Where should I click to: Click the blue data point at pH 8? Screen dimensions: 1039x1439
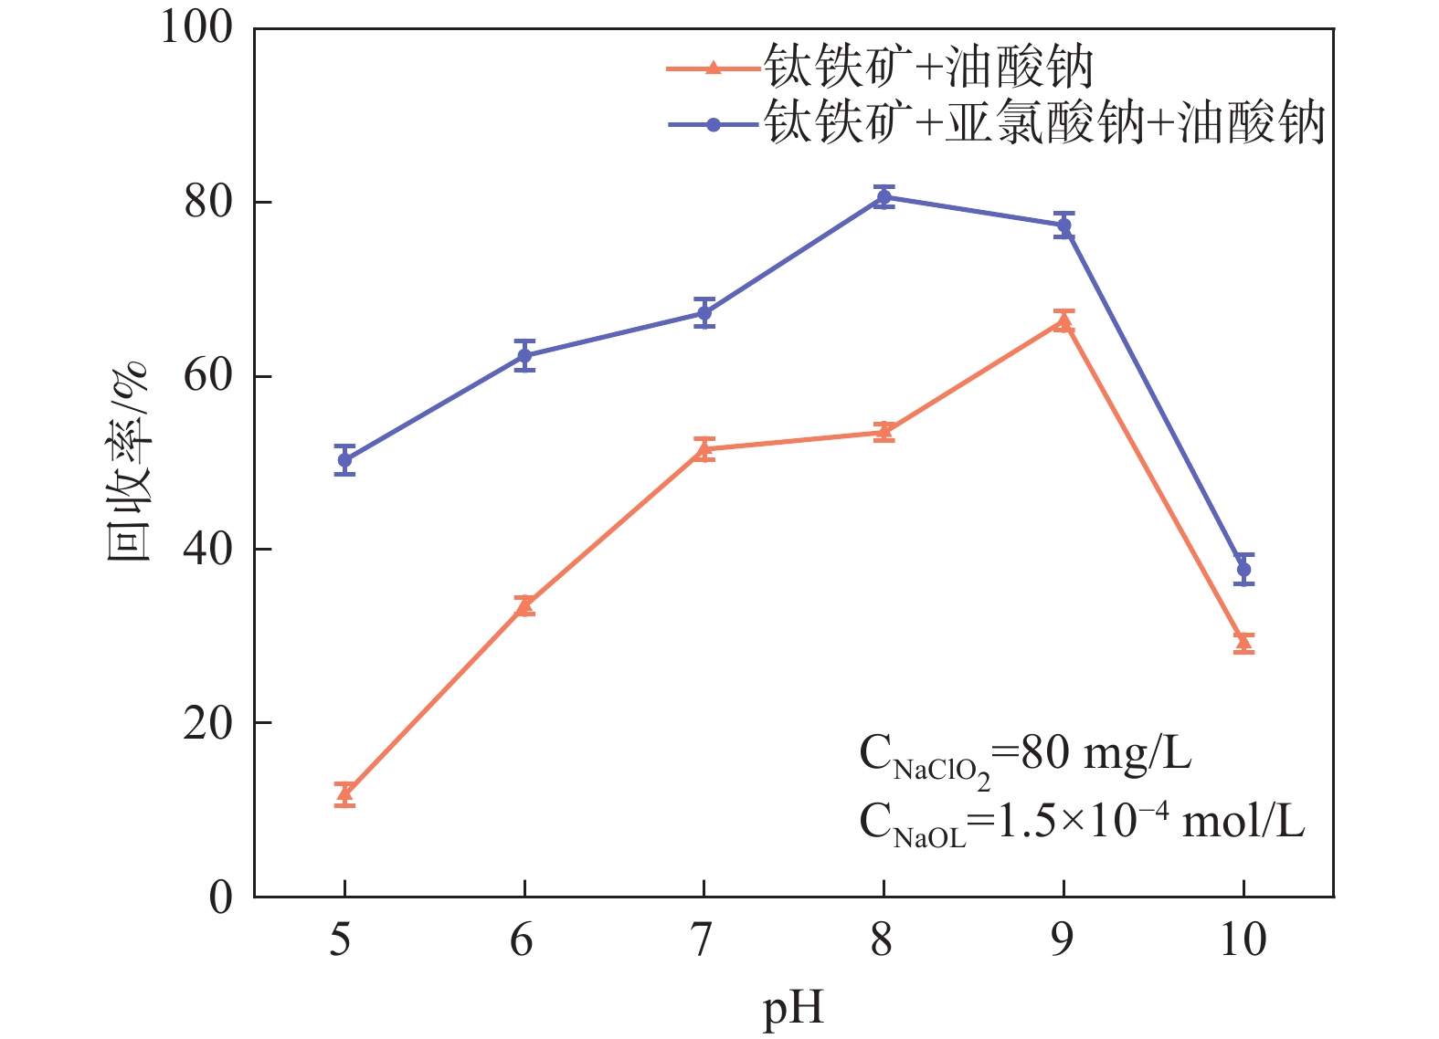[884, 197]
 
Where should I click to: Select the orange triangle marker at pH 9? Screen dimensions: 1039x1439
[1063, 320]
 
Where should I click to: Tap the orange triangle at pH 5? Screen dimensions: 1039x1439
[344, 793]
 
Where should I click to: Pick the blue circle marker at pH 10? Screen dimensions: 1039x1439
[1243, 570]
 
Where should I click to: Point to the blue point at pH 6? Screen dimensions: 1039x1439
[524, 356]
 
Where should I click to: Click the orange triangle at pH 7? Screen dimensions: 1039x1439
[704, 449]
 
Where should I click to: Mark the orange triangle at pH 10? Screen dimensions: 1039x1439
[1243, 643]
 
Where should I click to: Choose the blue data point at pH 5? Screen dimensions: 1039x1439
[344, 460]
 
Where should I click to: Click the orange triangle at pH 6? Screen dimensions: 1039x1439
[524, 605]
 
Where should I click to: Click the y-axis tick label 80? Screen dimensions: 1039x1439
[209, 202]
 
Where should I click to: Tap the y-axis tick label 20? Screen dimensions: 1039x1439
[209, 723]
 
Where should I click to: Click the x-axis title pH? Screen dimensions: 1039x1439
[793, 1008]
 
